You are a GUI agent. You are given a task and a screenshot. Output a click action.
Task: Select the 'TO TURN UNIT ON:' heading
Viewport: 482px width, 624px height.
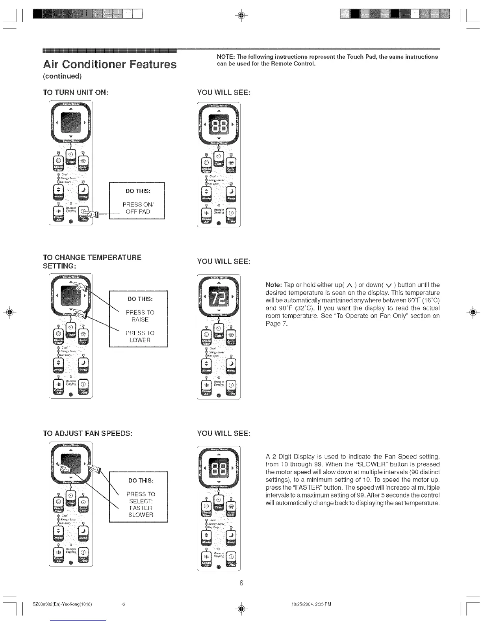[75, 92]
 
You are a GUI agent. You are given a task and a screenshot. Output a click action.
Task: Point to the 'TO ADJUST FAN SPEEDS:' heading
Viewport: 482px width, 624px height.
[87, 433]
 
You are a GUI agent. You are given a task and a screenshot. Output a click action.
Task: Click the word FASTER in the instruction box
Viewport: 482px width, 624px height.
[141, 508]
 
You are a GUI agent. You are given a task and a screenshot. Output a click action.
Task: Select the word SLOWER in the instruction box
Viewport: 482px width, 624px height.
[141, 515]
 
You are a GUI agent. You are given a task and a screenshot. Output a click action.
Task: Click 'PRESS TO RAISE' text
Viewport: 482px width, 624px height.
[140, 316]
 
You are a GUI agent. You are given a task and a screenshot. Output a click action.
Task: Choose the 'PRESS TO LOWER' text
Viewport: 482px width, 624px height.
[140, 336]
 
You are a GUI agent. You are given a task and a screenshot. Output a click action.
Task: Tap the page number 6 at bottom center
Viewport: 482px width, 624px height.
[241, 583]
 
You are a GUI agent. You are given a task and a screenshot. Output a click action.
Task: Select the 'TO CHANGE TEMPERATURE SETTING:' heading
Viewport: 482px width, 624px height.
[92, 262]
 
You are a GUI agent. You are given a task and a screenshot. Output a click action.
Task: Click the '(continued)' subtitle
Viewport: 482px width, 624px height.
[62, 76]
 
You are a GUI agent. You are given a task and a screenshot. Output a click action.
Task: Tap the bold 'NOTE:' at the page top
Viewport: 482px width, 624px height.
[226, 57]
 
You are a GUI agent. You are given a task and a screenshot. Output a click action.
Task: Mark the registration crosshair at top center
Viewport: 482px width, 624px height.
[241, 15]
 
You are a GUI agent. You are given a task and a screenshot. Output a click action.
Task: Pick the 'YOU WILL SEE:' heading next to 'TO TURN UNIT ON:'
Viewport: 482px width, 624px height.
[224, 92]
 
